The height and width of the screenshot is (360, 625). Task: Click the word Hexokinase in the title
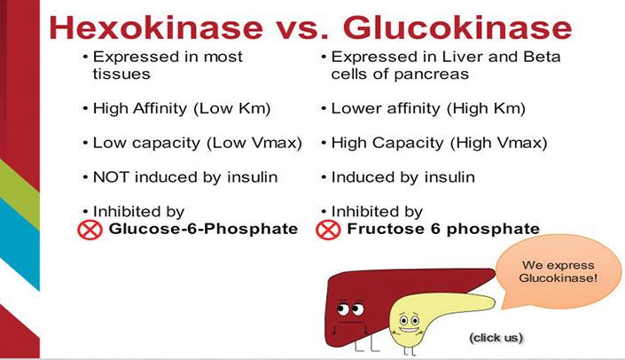(x=156, y=27)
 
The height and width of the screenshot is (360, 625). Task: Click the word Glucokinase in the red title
(x=457, y=27)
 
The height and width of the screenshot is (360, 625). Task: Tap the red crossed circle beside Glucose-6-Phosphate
(x=90, y=230)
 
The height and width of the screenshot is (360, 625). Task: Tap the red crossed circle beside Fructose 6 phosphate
(x=328, y=230)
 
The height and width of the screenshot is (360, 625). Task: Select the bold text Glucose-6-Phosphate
(x=203, y=229)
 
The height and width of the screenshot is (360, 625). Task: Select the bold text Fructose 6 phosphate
(x=443, y=229)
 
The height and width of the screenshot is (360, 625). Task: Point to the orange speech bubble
(x=558, y=272)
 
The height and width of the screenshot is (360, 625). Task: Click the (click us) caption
(x=496, y=338)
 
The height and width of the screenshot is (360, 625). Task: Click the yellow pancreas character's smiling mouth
(x=409, y=330)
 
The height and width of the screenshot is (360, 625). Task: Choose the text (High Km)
(x=487, y=108)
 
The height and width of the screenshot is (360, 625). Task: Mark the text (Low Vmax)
(x=254, y=143)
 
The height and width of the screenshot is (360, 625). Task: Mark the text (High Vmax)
(x=499, y=143)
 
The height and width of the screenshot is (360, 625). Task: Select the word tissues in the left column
(x=121, y=74)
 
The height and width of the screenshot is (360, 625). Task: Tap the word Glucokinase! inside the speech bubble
(x=559, y=278)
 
